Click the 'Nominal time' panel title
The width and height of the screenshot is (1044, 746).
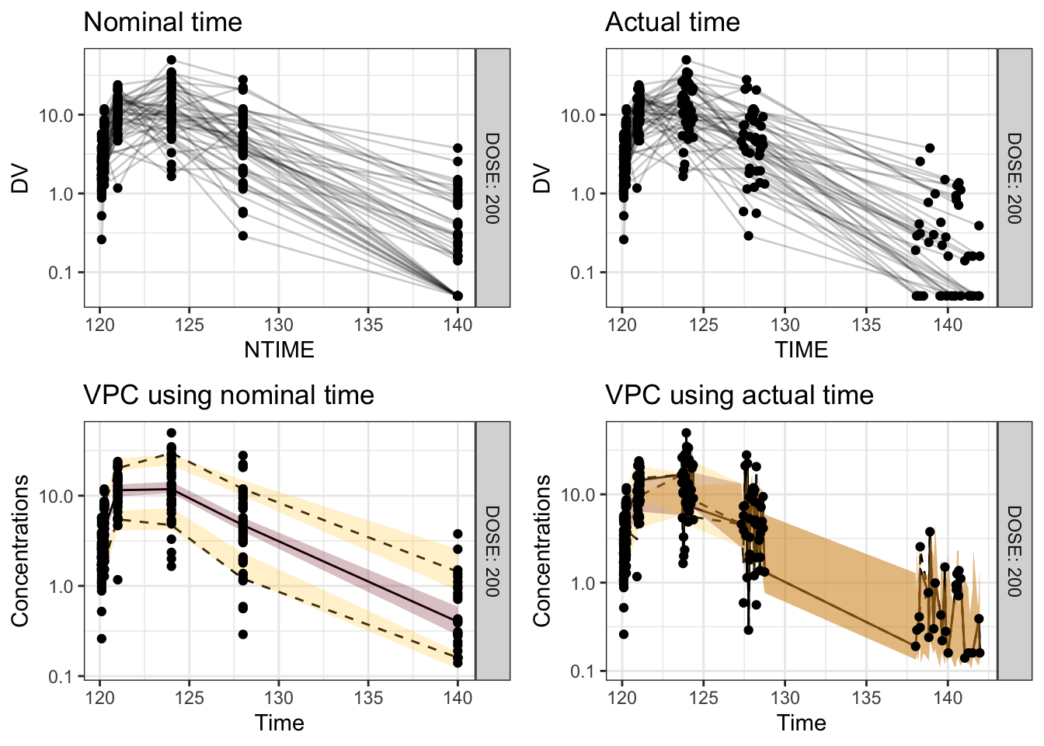[x=162, y=22]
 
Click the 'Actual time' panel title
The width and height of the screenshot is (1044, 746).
[x=672, y=22]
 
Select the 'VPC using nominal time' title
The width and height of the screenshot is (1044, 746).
[x=228, y=396]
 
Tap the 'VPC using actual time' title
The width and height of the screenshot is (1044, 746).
[x=739, y=396]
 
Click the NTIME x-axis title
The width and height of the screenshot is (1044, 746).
[x=279, y=350]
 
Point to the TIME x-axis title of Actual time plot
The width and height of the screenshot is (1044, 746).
[x=801, y=350]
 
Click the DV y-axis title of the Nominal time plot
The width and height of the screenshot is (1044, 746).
[x=20, y=179]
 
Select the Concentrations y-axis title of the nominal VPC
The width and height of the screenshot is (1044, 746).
[x=20, y=551]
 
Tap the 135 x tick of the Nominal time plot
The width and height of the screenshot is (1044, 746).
[x=368, y=325]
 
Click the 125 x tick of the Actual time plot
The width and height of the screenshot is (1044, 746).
[x=704, y=325]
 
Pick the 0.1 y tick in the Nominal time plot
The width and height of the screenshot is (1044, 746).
[x=61, y=273]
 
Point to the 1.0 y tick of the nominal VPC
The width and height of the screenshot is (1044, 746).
[x=61, y=587]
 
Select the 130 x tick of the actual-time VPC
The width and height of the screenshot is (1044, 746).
[x=785, y=698]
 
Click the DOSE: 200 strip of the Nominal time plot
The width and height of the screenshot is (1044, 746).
[x=492, y=178]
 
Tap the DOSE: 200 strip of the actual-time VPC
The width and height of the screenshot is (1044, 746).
[x=1014, y=551]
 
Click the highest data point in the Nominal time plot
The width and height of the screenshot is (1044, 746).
[x=171, y=60]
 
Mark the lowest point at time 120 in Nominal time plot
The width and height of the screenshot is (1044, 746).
[x=101, y=239]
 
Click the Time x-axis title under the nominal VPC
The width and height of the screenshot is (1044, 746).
[x=279, y=723]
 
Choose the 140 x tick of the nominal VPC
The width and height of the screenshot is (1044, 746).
[x=458, y=698]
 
